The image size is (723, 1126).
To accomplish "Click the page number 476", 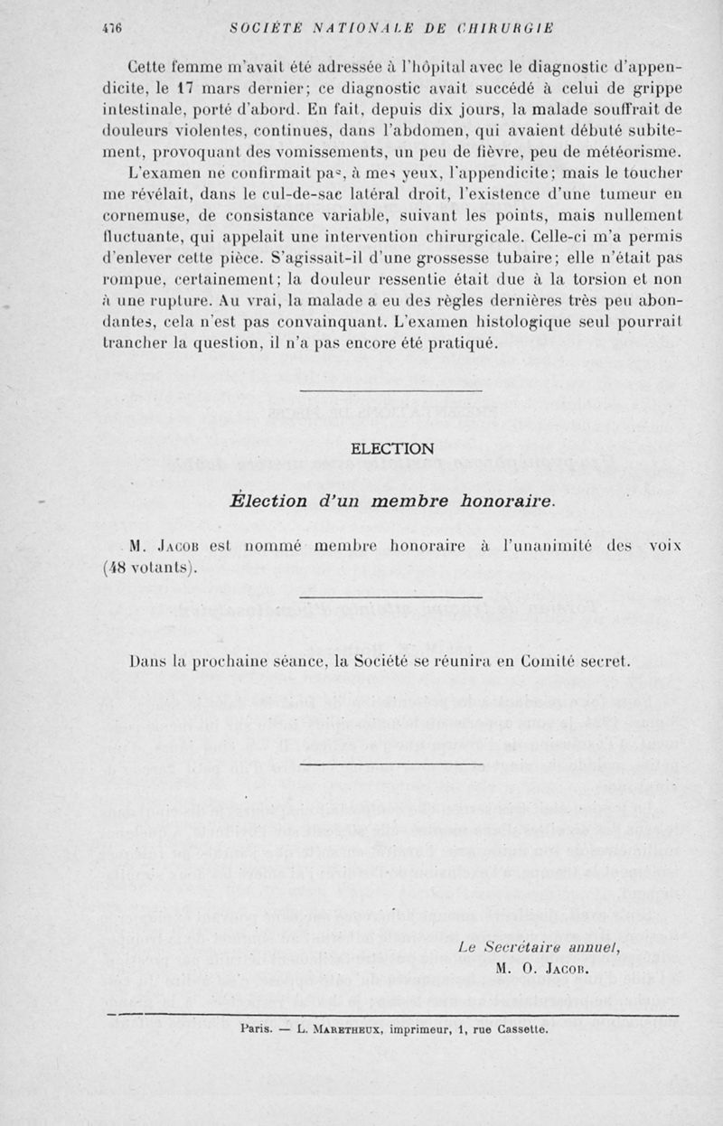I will click(x=114, y=28).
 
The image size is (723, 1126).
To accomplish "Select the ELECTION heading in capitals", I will click(x=391, y=448).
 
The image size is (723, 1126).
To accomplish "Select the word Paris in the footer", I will click(x=258, y=1027).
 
